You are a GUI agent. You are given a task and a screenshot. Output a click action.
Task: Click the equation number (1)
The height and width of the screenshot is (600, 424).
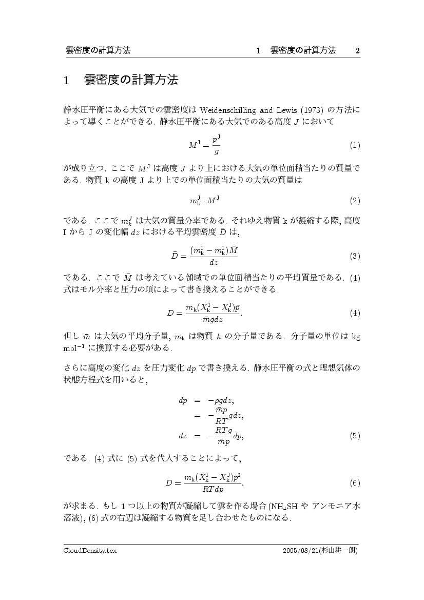click(355, 145)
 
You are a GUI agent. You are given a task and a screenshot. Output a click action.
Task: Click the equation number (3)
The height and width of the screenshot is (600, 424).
click(355, 256)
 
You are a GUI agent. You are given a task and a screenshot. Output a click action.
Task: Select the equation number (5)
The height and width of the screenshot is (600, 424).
click(355, 436)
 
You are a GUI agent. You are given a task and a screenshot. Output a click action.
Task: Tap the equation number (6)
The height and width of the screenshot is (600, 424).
click(355, 483)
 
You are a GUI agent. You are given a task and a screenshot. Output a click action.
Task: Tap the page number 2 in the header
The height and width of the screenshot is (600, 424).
click(357, 50)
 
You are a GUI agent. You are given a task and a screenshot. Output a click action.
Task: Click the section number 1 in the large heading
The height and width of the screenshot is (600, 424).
click(66, 80)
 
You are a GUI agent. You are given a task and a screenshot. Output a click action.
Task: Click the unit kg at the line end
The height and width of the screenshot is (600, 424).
click(355, 337)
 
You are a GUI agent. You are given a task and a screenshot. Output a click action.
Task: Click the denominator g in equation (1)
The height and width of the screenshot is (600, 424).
click(217, 151)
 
